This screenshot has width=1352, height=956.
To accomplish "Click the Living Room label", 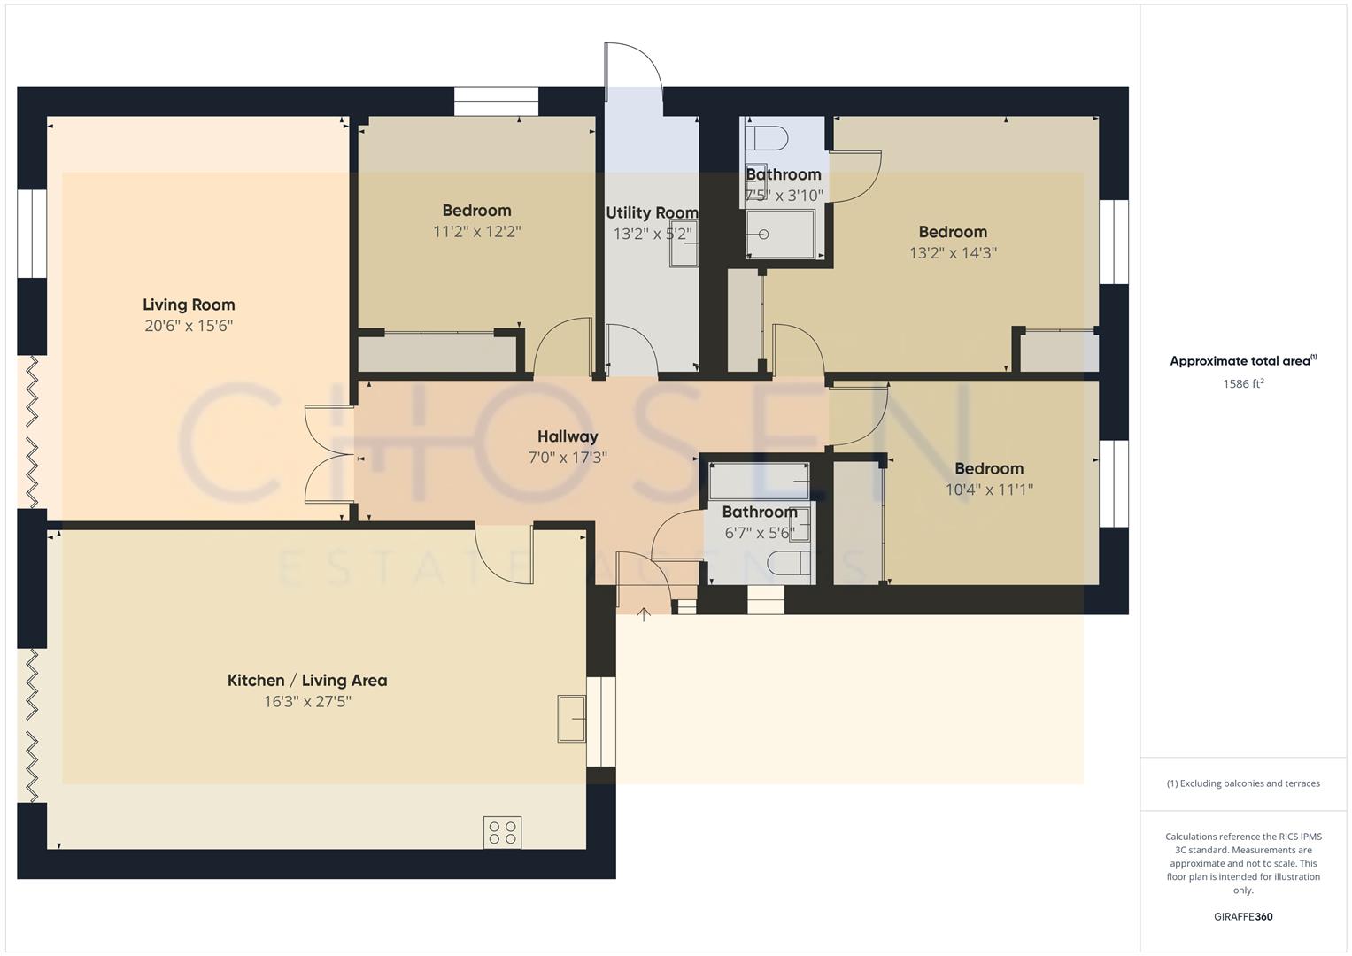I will tap(189, 305).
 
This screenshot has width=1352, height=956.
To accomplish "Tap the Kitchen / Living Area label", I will tap(307, 680).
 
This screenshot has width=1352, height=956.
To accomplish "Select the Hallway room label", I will tap(568, 436).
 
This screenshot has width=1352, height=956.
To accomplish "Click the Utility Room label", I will tap(652, 212).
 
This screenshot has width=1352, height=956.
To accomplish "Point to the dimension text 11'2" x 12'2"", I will tap(477, 232).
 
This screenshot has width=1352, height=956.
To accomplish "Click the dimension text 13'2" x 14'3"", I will tap(953, 253).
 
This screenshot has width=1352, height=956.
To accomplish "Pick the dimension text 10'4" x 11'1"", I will tap(989, 490).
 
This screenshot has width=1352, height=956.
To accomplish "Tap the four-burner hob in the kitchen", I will tap(502, 832).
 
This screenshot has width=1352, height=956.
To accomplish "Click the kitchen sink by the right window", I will tap(571, 718).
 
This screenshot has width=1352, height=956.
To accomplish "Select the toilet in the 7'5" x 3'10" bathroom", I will tap(767, 138).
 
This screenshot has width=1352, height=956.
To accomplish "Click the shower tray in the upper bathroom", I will tap(780, 235).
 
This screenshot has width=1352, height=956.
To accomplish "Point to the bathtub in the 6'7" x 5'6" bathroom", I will tap(759, 482).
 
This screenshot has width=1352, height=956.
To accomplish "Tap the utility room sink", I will tap(684, 244).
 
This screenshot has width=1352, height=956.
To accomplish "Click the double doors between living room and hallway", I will tap(329, 455).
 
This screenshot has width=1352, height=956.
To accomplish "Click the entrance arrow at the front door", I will tap(644, 613).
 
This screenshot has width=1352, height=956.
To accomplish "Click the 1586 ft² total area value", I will tap(1242, 384).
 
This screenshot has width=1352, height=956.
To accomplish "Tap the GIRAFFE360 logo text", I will tap(1242, 916).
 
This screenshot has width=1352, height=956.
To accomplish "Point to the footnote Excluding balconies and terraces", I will tap(1242, 783).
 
